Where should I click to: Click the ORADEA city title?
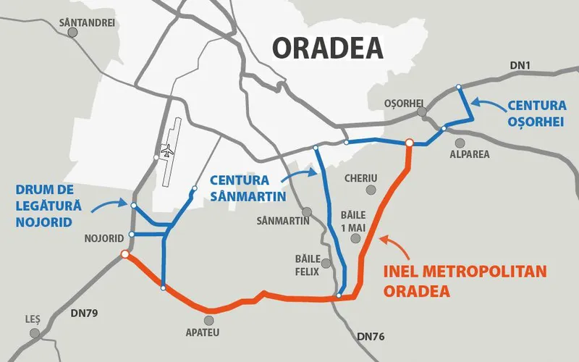click(x=327, y=48)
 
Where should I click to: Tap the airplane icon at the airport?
click(x=167, y=151)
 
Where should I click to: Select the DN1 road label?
click(x=520, y=66)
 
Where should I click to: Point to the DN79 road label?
click(x=84, y=313)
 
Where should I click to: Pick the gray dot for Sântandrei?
click(x=72, y=33)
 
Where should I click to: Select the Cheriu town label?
click(x=361, y=177)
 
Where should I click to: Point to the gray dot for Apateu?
click(x=209, y=319)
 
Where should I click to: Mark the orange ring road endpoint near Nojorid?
click(x=125, y=255)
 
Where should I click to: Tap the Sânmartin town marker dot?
click(x=307, y=212)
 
